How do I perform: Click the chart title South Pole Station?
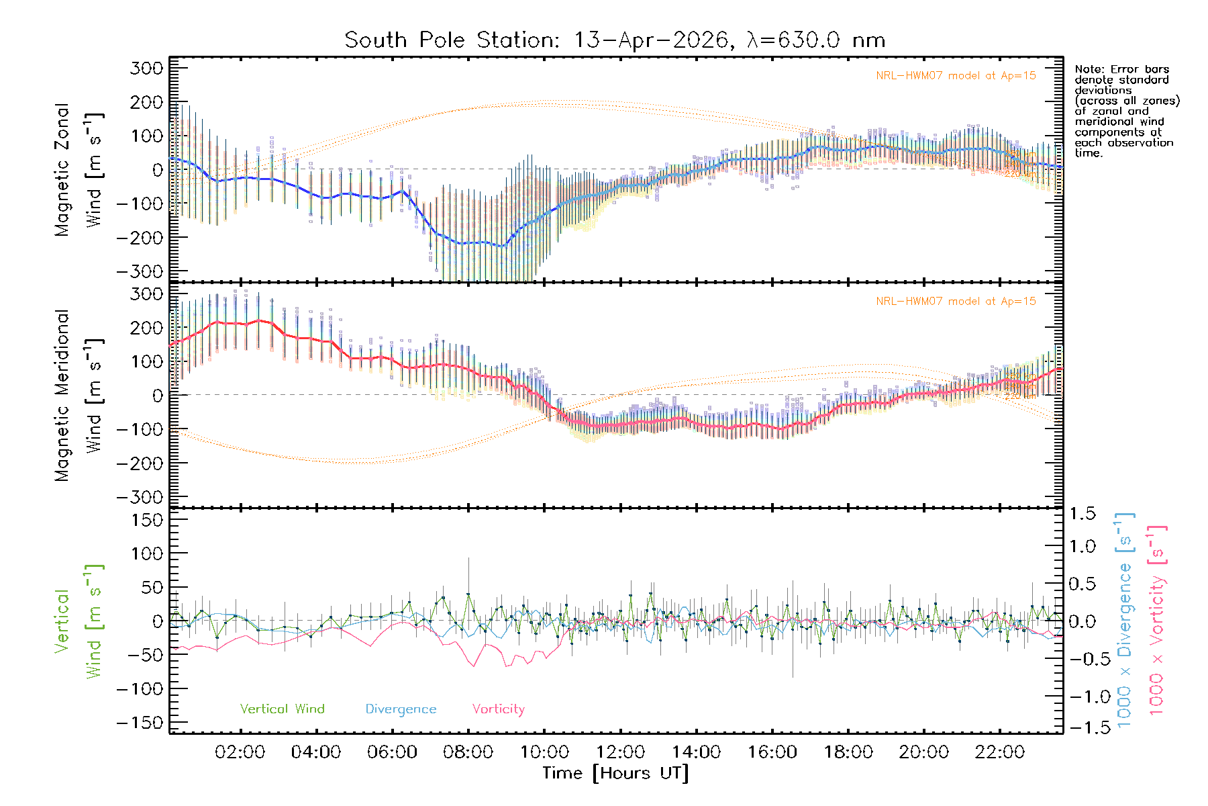point(614,40)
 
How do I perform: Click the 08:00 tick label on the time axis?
point(468,752)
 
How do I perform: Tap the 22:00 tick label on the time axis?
point(999,752)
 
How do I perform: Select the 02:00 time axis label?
point(240,752)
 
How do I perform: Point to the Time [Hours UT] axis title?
point(615,773)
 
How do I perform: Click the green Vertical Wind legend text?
point(282,709)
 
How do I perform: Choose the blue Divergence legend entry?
point(401,709)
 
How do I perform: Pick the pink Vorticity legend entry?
point(498,709)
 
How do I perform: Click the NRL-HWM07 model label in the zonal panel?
point(956,76)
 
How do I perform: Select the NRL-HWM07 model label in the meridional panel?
point(956,302)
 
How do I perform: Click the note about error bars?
point(1127,111)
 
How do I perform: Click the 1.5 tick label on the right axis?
point(1082,514)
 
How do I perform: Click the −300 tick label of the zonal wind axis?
point(140,271)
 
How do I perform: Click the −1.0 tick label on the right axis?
point(1082,697)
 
